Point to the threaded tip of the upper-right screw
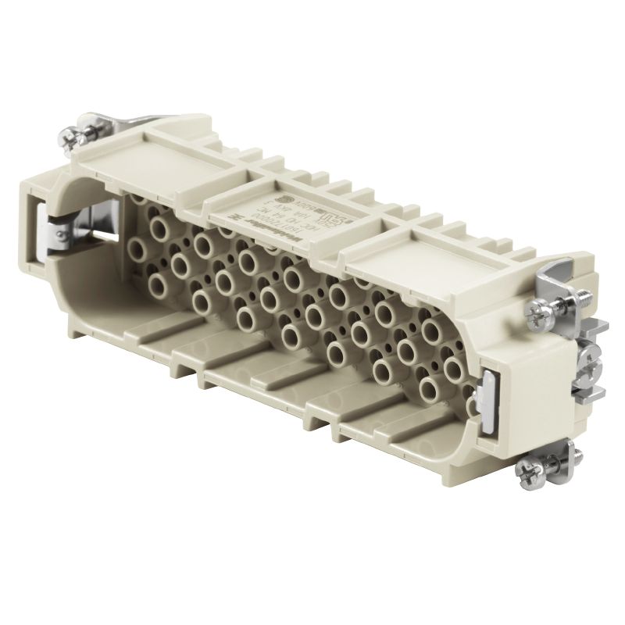[582, 299]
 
